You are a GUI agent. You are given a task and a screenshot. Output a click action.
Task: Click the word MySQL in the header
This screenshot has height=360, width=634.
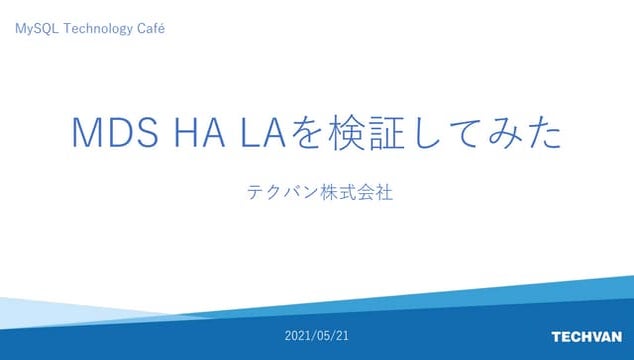36,29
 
